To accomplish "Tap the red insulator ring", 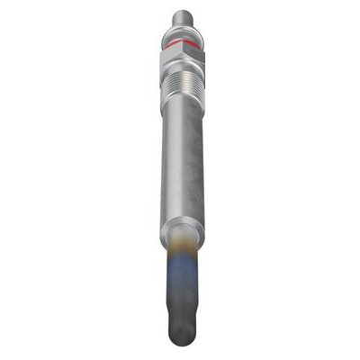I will tap(181, 42).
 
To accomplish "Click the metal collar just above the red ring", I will tap(181, 32).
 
